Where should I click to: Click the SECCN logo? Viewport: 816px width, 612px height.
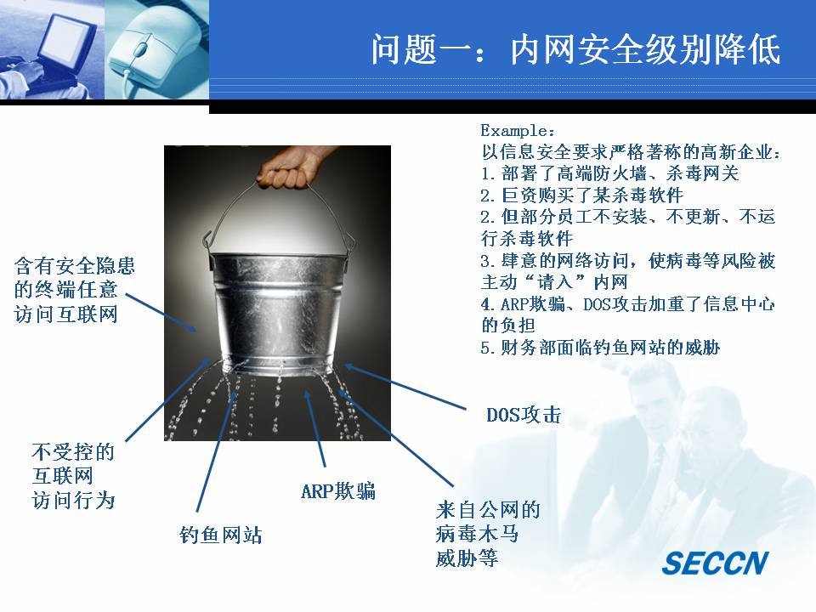715,563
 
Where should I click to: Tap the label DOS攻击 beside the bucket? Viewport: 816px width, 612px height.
524,415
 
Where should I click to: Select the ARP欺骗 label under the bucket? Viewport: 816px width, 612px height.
337,490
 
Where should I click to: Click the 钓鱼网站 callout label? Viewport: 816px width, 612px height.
221,535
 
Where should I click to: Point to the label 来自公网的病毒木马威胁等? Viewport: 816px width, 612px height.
488,534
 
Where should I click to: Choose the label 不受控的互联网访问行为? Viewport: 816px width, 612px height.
73,476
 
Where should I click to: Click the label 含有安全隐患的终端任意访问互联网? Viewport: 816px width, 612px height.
75,290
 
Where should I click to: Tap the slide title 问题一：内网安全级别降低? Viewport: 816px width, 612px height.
576,50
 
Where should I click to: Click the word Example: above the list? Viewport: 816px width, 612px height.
518,130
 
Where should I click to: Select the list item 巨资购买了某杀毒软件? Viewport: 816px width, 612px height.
581,195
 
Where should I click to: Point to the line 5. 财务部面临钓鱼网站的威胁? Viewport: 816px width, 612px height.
600,347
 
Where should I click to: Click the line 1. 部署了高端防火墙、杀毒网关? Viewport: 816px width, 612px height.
609,173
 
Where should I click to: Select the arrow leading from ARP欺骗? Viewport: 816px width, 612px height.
314,428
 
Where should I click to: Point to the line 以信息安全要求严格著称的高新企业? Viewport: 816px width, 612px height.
631,152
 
